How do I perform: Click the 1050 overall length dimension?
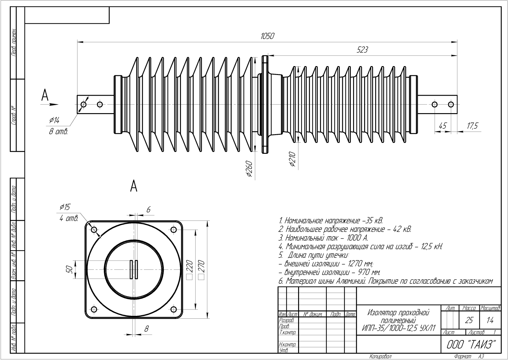(x=267, y=36)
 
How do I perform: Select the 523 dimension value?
(x=362, y=50)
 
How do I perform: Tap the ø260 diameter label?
(x=249, y=169)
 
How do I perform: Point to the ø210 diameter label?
(x=292, y=159)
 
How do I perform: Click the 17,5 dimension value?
(x=472, y=126)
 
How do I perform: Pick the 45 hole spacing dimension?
(x=442, y=126)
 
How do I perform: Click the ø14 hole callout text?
(x=54, y=120)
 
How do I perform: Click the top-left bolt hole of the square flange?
(x=94, y=230)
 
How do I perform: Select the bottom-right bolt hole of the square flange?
(x=174, y=309)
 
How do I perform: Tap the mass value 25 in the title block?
(x=469, y=320)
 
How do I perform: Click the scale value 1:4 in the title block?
(x=490, y=320)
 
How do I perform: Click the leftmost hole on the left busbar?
(x=84, y=104)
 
